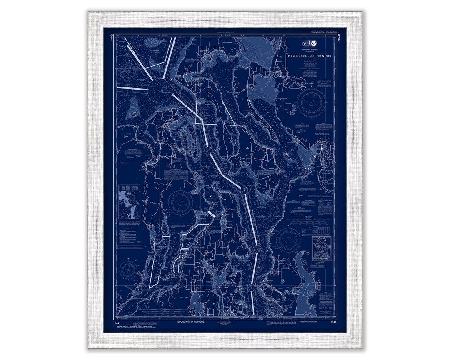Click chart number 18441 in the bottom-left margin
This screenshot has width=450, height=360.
click(111, 322)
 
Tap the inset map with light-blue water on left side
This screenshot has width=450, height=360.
click(129, 202)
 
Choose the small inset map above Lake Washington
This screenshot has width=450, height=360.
click(321, 249)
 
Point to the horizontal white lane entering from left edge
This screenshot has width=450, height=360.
click(132, 88)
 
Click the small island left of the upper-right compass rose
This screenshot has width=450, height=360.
click(293, 110)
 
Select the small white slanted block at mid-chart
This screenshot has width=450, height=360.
click(211, 213)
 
